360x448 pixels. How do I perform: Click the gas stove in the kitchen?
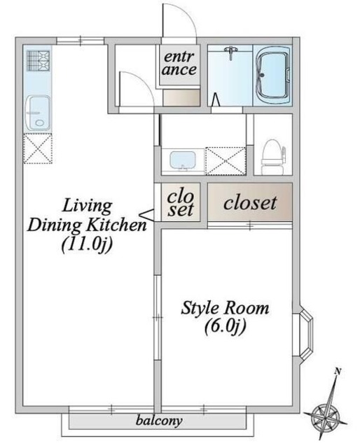[38, 60]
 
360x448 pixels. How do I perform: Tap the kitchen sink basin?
[38, 113]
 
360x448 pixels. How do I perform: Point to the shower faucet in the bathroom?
[231, 52]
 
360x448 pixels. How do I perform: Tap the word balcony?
[159, 421]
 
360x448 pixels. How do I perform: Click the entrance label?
[179, 64]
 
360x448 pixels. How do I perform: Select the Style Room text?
[225, 308]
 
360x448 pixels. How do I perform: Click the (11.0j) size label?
[87, 244]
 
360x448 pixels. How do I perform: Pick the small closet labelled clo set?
[181, 202]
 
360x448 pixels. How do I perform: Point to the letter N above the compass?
[338, 372]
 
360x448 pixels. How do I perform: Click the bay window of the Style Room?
[303, 335]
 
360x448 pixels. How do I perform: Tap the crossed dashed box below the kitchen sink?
[38, 149]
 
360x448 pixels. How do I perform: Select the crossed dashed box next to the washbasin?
[226, 161]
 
